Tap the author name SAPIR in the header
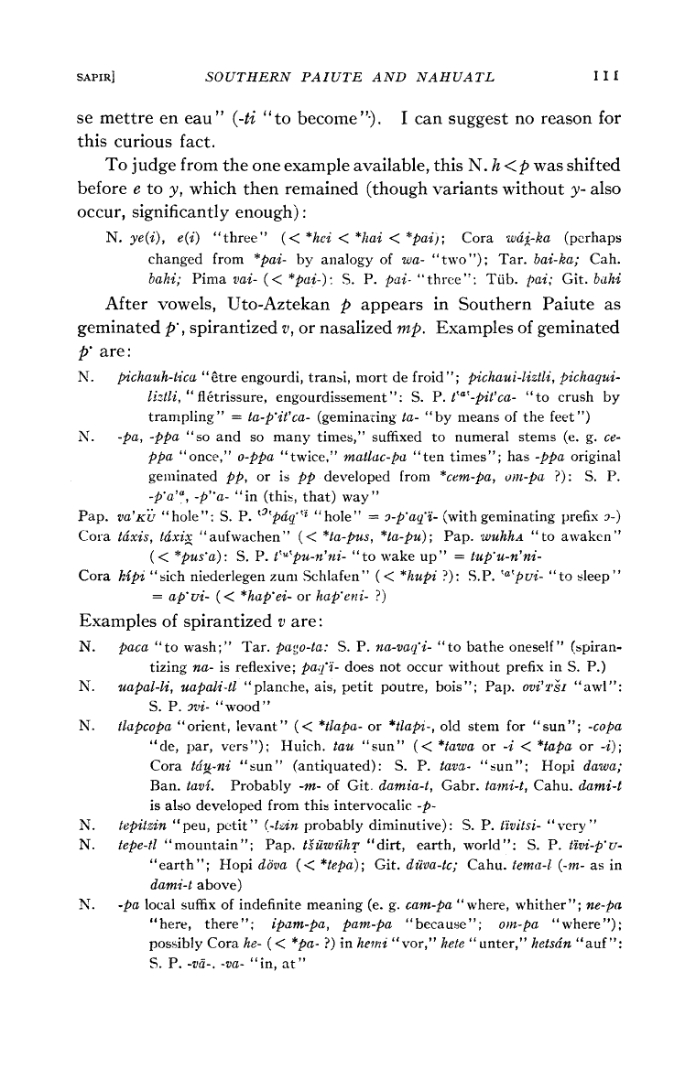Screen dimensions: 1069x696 click(94, 73)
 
